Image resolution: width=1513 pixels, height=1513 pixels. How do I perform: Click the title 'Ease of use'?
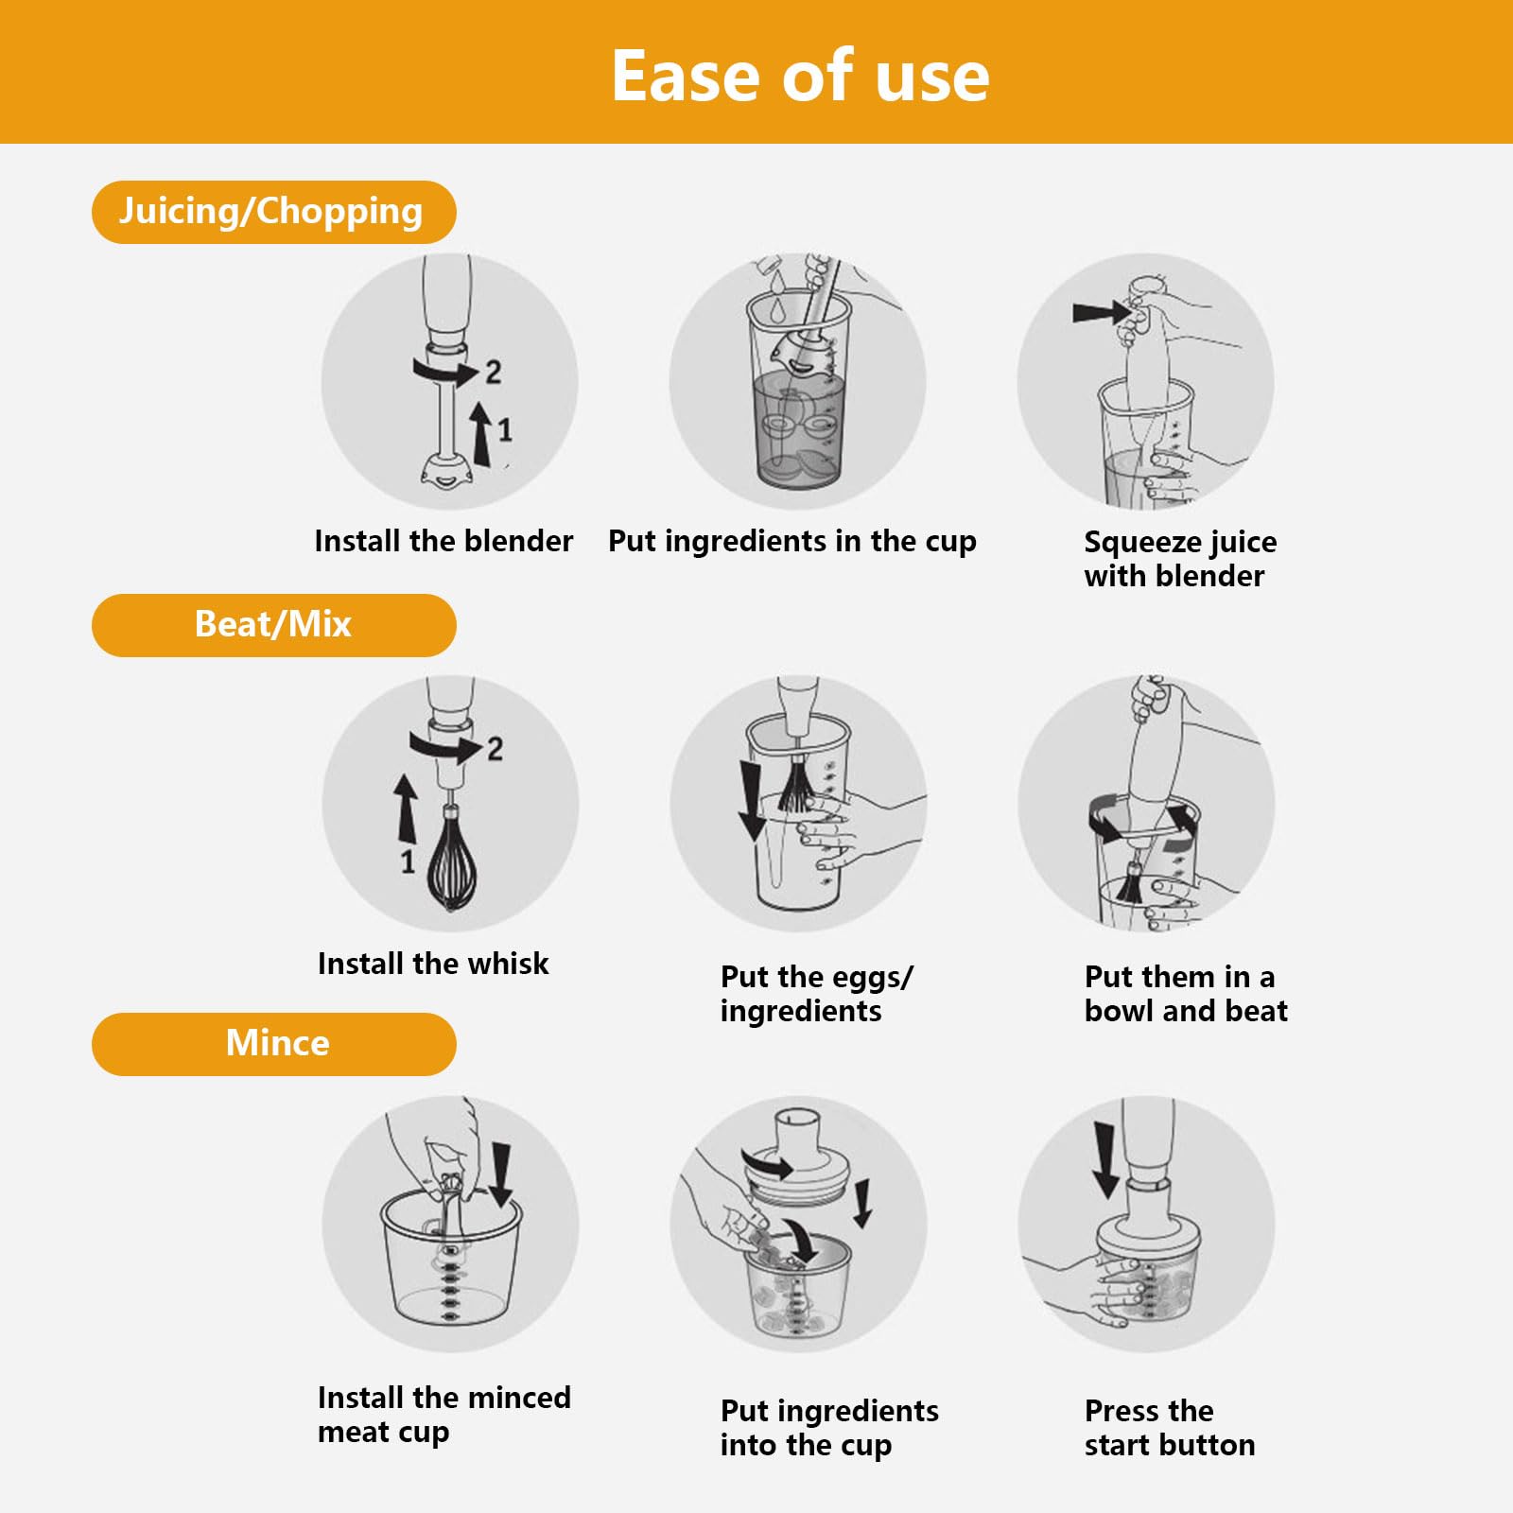(800, 76)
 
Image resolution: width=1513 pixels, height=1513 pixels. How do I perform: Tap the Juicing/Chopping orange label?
(272, 212)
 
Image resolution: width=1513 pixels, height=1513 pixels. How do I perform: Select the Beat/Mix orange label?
(272, 625)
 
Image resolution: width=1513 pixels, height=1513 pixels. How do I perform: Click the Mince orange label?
(272, 1044)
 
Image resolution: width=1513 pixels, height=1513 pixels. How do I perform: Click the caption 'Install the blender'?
(443, 541)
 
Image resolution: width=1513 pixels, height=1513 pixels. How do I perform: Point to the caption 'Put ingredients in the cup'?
(791, 541)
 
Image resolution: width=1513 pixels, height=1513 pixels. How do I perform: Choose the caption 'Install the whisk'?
(433, 964)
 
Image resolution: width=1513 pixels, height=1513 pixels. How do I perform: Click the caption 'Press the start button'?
(1169, 1428)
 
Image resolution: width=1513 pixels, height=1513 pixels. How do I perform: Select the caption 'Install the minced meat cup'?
(443, 1415)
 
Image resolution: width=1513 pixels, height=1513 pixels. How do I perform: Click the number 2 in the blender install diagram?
(493, 373)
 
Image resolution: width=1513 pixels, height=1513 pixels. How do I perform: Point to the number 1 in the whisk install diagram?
(408, 861)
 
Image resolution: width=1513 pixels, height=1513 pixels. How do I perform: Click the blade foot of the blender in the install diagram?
(447, 471)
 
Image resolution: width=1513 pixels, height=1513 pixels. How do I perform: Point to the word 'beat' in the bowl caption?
(1256, 1011)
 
